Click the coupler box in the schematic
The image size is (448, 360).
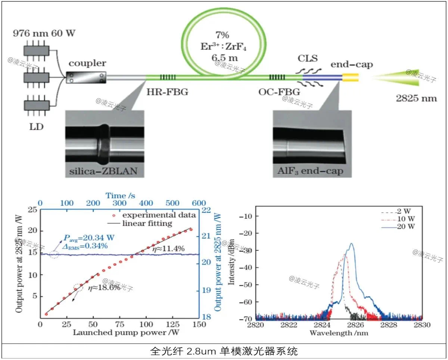(86, 77)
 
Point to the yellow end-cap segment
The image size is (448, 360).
(351, 77)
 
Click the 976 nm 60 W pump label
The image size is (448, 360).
(44, 33)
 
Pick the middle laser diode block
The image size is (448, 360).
(37, 77)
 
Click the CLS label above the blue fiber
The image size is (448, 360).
(308, 59)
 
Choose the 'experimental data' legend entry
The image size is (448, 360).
(159, 215)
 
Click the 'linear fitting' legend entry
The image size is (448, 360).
(147, 223)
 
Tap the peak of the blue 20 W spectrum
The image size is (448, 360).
(351, 244)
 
